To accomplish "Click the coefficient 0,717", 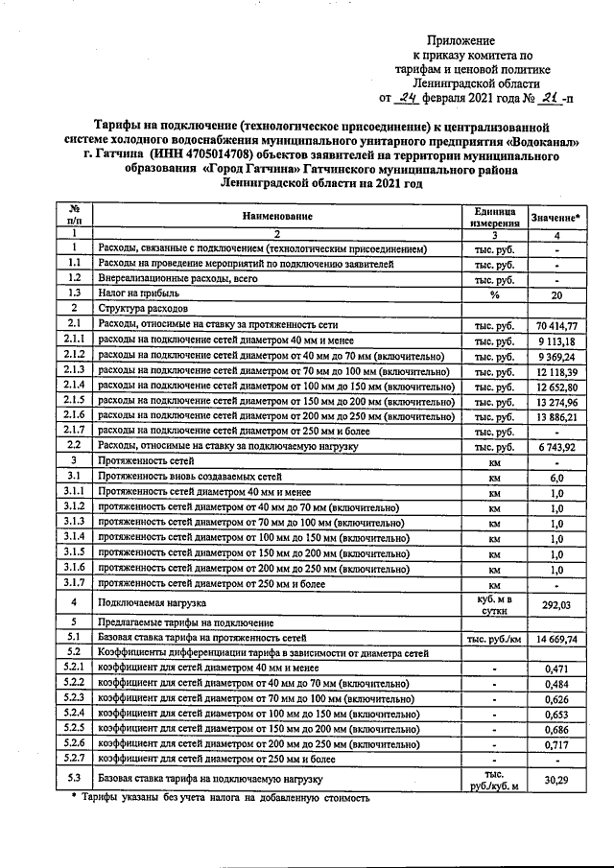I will (556, 744).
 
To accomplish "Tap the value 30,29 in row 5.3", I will (556, 780).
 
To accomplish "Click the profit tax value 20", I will (556, 294).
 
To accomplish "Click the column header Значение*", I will (556, 218).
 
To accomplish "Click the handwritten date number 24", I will (407, 97).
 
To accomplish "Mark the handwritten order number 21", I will (550, 97).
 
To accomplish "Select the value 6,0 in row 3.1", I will (556, 477).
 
